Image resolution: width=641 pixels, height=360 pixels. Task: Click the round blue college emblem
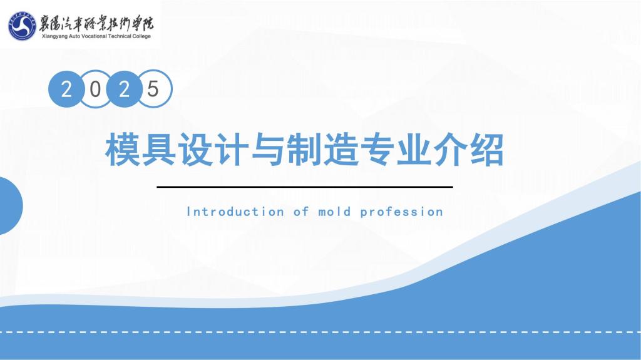(x=22, y=26)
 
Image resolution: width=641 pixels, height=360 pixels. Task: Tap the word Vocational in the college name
(x=93, y=36)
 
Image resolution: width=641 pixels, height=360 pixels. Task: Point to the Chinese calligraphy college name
(x=96, y=23)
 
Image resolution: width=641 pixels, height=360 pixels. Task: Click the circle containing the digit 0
(x=95, y=89)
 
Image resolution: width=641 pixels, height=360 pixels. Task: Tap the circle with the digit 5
(x=153, y=89)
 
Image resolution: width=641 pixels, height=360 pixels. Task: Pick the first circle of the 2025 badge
(x=66, y=89)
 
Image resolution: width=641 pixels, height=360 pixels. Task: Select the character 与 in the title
(x=268, y=149)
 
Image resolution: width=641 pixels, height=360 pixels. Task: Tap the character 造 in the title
(x=341, y=149)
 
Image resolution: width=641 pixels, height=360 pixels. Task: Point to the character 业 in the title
(x=414, y=149)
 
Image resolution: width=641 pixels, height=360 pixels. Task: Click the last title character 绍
(x=486, y=149)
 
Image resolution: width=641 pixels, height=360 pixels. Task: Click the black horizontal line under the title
(x=305, y=187)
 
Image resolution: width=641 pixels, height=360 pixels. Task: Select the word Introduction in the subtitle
(x=235, y=212)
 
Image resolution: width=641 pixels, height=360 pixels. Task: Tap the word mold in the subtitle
(x=334, y=212)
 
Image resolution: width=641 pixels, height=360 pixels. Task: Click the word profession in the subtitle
(x=402, y=212)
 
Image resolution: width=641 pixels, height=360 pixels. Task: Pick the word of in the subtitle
(x=301, y=212)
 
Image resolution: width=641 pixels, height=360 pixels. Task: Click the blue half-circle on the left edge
(x=11, y=206)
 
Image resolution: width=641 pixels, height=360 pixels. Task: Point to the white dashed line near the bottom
(x=320, y=332)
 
